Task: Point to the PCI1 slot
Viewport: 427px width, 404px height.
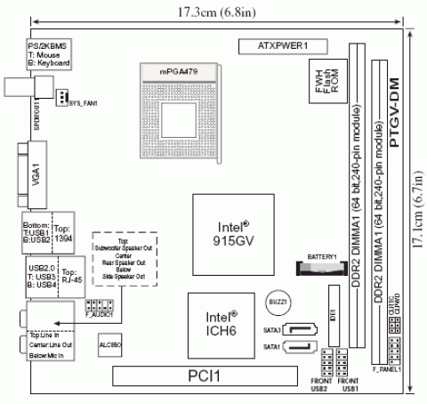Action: click(x=213, y=376)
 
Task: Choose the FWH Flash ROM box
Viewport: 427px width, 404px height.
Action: click(x=322, y=84)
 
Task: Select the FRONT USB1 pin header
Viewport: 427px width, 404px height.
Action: click(x=349, y=361)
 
